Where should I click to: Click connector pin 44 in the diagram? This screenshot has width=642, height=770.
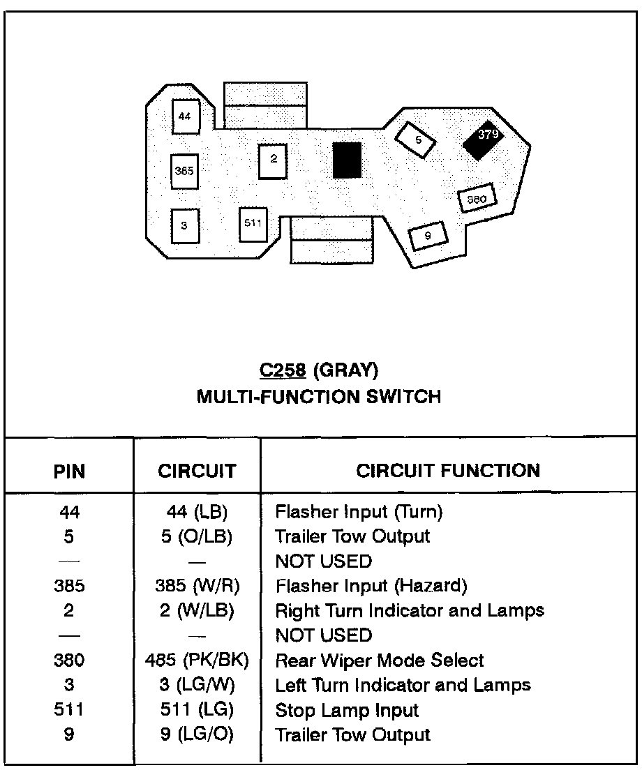[184, 116]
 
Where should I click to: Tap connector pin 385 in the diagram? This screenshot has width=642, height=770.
[184, 171]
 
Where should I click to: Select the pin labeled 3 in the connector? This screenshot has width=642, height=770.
[184, 225]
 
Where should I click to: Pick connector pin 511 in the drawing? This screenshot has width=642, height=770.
[253, 224]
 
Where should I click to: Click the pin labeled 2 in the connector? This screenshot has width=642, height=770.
[273, 160]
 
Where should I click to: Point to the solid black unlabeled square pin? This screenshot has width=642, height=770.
[347, 160]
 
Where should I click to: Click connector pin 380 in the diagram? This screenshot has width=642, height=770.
[477, 199]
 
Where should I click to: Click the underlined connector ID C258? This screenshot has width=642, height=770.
[283, 370]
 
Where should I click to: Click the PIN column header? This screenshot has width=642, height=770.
[69, 471]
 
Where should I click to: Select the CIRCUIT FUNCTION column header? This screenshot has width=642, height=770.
[448, 471]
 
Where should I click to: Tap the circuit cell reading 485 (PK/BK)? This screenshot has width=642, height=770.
[198, 660]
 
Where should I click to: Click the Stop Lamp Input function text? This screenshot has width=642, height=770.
[347, 711]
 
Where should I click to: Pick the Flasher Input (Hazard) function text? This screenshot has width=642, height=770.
[371, 586]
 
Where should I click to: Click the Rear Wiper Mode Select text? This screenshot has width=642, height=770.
[380, 660]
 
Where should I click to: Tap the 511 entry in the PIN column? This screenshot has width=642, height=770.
[69, 711]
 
